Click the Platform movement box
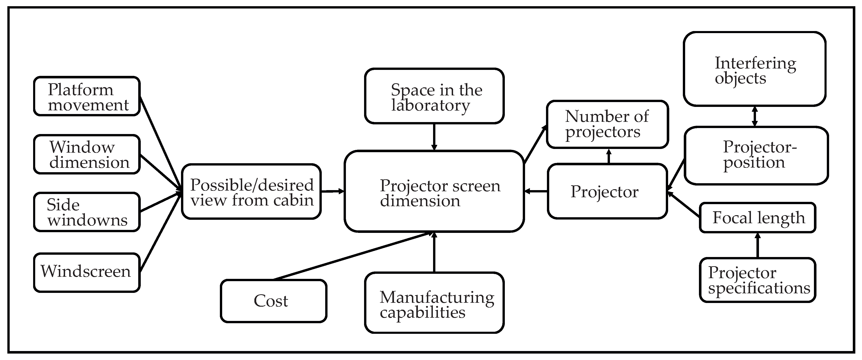(87, 96)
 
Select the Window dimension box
(87, 154)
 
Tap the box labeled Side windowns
(87, 212)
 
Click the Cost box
(273, 301)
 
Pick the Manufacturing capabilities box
(434, 303)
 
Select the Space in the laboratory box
(434, 96)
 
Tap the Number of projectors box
(607, 124)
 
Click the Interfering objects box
(755, 69)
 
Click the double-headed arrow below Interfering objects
(755, 116)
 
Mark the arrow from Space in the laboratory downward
(434, 137)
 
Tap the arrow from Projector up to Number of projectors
(609, 156)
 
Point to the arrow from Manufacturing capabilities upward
(434, 253)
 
